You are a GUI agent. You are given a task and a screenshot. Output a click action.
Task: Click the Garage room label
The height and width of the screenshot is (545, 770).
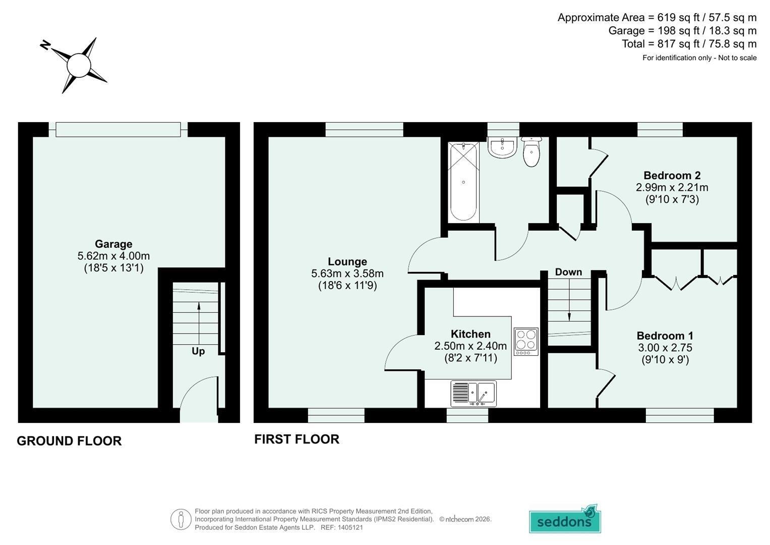coord(113,244)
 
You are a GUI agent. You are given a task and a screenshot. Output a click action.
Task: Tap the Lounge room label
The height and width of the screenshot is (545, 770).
coord(347,261)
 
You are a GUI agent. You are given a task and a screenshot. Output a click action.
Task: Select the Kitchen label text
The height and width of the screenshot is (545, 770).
coord(470,334)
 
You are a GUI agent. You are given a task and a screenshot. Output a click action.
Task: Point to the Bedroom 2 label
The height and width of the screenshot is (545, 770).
coord(672,176)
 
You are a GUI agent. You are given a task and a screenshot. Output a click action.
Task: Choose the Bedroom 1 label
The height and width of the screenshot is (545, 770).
coord(665,336)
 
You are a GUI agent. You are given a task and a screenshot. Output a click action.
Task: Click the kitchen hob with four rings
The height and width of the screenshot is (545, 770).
coord(526,341)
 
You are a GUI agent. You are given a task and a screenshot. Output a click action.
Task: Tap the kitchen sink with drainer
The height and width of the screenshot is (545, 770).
coord(473,393)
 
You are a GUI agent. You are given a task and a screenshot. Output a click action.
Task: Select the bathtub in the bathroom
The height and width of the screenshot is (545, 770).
coord(463,182)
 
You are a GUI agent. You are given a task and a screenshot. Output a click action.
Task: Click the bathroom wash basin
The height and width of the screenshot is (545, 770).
coord(502,147)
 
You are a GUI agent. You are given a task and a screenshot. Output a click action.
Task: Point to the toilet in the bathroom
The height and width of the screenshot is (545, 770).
coord(531,152)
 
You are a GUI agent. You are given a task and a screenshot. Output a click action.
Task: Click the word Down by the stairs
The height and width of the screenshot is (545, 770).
coord(569,272)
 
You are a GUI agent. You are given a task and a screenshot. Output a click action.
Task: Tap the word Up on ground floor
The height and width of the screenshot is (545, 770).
coord(198,351)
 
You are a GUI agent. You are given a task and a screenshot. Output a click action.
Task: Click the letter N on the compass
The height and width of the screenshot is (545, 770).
coord(46,45)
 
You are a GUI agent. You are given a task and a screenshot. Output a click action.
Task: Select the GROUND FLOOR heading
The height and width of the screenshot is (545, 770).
coord(69,441)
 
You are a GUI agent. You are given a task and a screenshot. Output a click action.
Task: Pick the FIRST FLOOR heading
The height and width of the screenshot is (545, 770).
coord(297,440)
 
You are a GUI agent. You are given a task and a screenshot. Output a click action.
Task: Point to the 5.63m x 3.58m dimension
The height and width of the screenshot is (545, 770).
coord(347,274)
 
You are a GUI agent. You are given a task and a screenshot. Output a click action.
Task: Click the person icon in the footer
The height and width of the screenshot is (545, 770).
coord(181,519)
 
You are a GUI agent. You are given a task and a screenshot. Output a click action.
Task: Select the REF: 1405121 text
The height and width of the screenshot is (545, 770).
coord(342,527)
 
